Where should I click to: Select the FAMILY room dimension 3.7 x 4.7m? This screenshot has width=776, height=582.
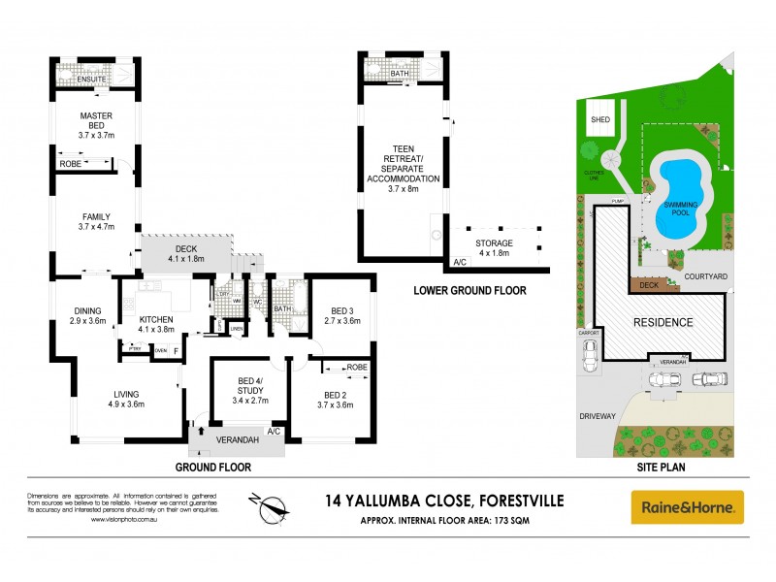96,227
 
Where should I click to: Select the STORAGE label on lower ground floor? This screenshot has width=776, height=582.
494,242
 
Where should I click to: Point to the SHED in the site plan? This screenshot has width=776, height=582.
600,119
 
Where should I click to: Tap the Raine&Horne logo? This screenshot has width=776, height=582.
688,506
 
